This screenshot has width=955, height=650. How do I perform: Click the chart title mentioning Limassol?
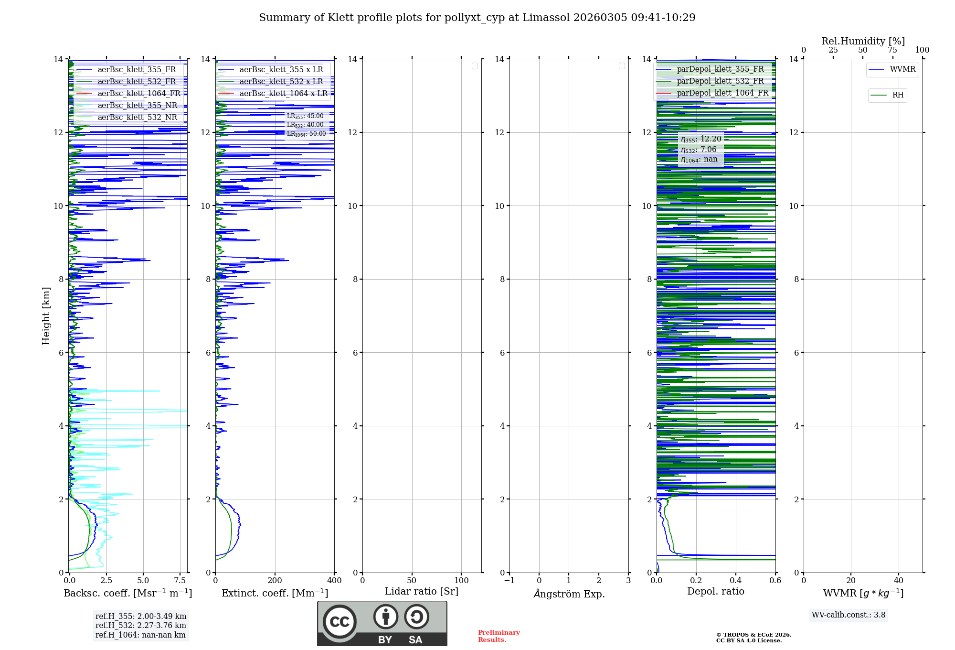pyautogui.click(x=477, y=18)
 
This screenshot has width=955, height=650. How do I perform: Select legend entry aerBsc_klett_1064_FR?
pyautogui.click(x=139, y=94)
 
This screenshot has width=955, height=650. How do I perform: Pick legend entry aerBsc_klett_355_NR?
pyautogui.click(x=137, y=106)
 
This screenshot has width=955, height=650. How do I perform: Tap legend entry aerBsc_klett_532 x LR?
pyautogui.click(x=281, y=82)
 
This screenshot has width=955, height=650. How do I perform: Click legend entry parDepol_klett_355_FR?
pyautogui.click(x=720, y=69)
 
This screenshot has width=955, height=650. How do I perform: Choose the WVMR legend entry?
pyautogui.click(x=902, y=69)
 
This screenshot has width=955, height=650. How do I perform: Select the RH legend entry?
pyautogui.click(x=897, y=95)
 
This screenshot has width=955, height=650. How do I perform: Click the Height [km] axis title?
pyautogui.click(x=46, y=316)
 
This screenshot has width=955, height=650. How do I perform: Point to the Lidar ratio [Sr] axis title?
pyautogui.click(x=422, y=592)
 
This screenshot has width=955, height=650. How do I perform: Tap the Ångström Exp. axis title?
pyautogui.click(x=569, y=594)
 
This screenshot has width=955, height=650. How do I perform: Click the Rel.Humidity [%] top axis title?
pyautogui.click(x=863, y=41)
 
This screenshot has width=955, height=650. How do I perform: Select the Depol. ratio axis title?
pyautogui.click(x=715, y=592)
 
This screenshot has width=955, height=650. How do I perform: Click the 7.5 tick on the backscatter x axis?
pyautogui.click(x=180, y=580)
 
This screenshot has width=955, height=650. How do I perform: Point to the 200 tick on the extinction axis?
pyautogui.click(x=275, y=580)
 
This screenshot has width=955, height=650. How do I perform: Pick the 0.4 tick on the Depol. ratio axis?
pyautogui.click(x=736, y=580)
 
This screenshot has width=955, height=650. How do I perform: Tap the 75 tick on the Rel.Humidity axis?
pyautogui.click(x=892, y=50)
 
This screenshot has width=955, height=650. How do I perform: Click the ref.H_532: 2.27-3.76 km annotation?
pyautogui.click(x=140, y=626)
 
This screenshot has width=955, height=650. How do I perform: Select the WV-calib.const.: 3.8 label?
pyautogui.click(x=849, y=615)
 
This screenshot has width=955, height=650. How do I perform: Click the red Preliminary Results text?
pyautogui.click(x=499, y=636)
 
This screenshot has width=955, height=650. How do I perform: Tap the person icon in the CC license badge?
pyautogui.click(x=386, y=617)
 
